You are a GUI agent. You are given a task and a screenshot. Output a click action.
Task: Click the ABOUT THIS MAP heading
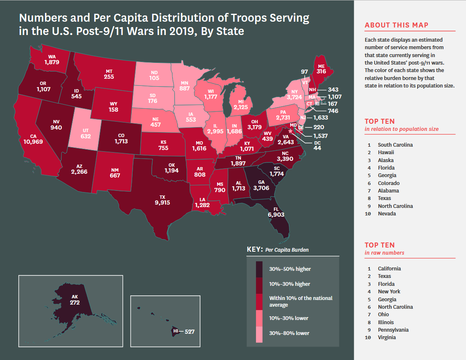(396, 25)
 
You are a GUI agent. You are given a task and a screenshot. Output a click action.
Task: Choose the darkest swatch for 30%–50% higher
(259, 269)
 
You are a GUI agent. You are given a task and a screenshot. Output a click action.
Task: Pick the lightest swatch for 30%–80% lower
(259, 333)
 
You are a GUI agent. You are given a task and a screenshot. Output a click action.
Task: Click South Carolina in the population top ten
(395, 145)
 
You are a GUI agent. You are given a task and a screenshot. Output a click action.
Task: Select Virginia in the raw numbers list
(387, 337)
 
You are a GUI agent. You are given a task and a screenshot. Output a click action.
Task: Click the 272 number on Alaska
(75, 303)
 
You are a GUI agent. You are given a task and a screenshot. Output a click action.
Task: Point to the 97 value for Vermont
(305, 72)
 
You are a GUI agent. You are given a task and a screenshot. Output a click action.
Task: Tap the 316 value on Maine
(321, 72)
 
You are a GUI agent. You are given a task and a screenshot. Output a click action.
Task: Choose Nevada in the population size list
(387, 214)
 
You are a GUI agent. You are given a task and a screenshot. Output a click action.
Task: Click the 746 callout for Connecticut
(333, 111)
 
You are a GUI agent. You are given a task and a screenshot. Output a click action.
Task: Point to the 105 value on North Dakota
(154, 78)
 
